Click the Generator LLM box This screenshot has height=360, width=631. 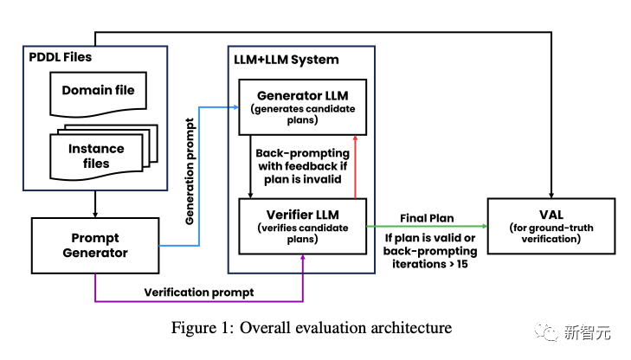tap(303, 106)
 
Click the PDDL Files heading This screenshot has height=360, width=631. tap(62, 57)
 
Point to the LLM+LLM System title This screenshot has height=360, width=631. tap(287, 59)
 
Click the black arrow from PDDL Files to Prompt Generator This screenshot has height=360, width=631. tap(95, 203)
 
